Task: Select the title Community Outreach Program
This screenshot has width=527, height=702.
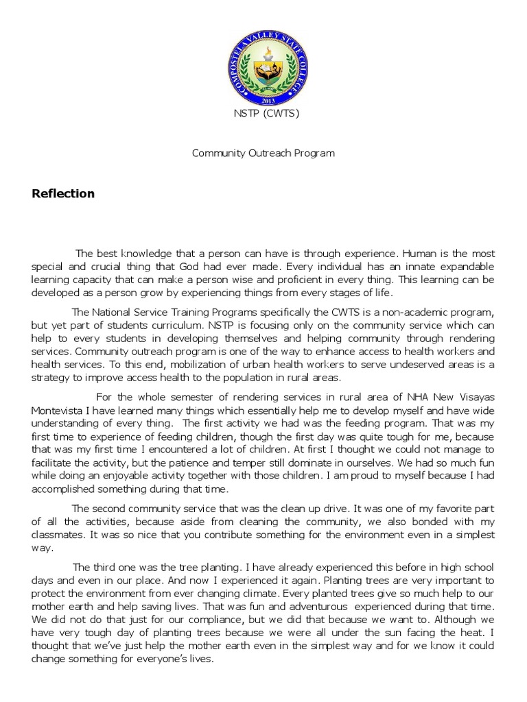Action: [x=263, y=153]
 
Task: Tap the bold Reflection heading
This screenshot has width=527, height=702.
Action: [x=63, y=194]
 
